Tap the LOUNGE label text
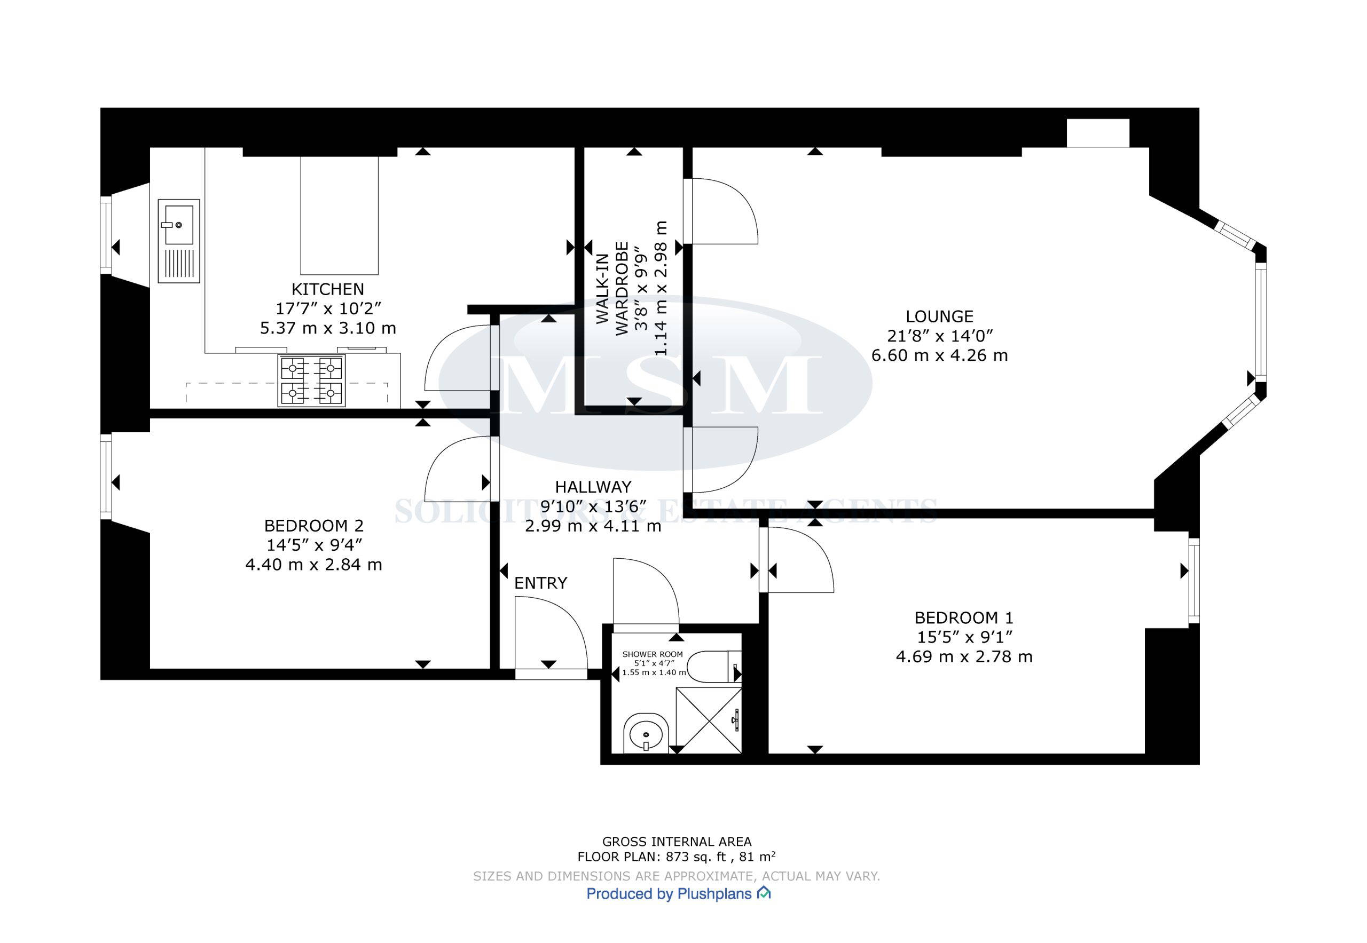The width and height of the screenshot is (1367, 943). click(x=939, y=316)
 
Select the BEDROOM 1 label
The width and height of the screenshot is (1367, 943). click(x=964, y=618)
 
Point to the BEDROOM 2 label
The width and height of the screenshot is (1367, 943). click(x=313, y=526)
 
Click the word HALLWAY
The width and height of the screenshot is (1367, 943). click(x=593, y=487)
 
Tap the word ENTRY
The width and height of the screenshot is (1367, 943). click(x=540, y=583)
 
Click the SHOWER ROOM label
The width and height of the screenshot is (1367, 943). click(x=652, y=654)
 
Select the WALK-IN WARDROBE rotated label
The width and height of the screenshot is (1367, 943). click(x=612, y=288)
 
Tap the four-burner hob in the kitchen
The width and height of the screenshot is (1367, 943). click(x=312, y=381)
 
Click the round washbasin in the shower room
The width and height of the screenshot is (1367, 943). click(x=646, y=733)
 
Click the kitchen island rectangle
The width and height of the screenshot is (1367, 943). click(x=340, y=216)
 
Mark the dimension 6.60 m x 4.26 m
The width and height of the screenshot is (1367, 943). click(x=939, y=355)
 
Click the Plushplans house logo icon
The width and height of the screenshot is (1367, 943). click(x=764, y=893)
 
